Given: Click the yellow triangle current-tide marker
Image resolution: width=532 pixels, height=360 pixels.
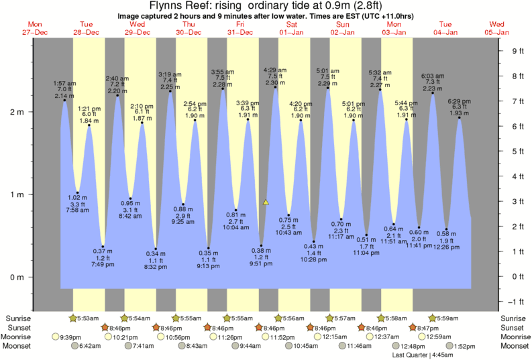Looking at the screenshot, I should pyautogui.click(x=266, y=201).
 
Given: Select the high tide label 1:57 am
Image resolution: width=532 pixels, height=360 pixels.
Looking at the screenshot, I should pyautogui.click(x=64, y=83).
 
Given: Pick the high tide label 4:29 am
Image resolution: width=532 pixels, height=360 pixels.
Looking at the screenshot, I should pyautogui.click(x=275, y=70).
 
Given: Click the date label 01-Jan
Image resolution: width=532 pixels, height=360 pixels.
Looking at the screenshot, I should pyautogui.click(x=290, y=32).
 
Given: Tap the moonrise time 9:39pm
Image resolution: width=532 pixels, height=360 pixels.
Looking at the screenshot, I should pyautogui.click(x=71, y=337).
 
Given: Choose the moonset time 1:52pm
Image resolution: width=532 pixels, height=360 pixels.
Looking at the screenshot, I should pyautogui.click(x=463, y=346).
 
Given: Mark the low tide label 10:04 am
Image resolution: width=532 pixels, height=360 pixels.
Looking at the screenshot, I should pyautogui.click(x=235, y=228).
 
